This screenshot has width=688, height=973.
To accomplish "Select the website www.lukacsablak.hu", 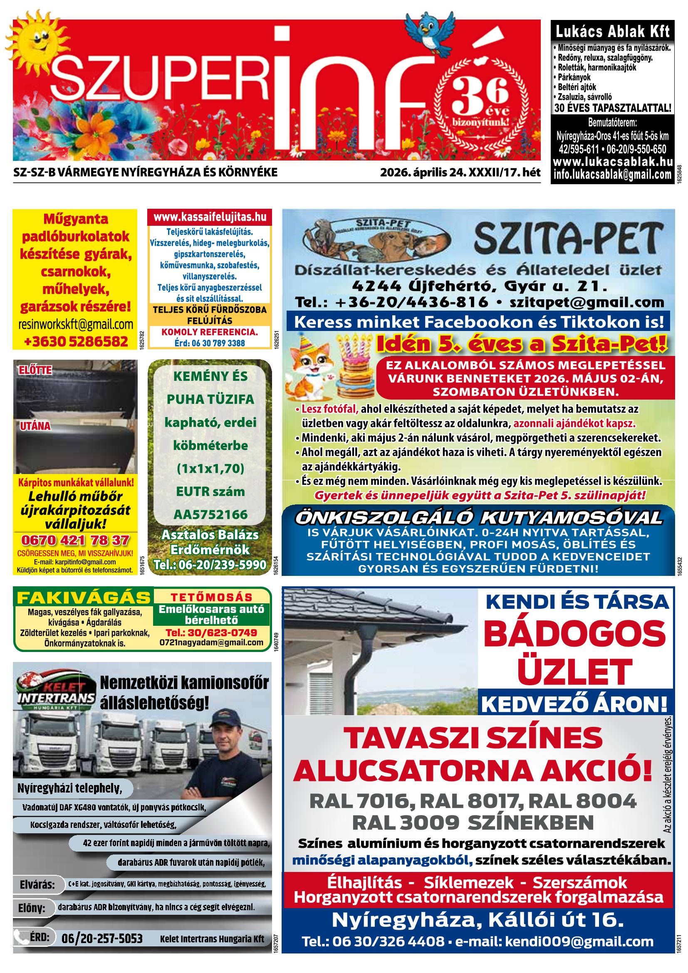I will [x=613, y=161].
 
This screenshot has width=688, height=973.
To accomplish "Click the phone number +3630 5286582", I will [x=76, y=341].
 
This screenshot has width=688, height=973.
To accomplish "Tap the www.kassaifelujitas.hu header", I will [x=210, y=217].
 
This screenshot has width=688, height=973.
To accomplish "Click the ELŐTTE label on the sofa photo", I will [x=35, y=370].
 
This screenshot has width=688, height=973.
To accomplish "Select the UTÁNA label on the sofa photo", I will [x=35, y=426].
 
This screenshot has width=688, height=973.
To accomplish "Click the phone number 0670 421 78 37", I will [x=75, y=540].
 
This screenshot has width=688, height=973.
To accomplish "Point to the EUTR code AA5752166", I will [x=210, y=514].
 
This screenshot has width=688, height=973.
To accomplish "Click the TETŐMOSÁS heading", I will [x=211, y=597].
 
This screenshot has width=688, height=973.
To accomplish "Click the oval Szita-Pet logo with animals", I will [x=377, y=240].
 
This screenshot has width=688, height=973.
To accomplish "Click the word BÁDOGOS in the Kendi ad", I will [x=574, y=635].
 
